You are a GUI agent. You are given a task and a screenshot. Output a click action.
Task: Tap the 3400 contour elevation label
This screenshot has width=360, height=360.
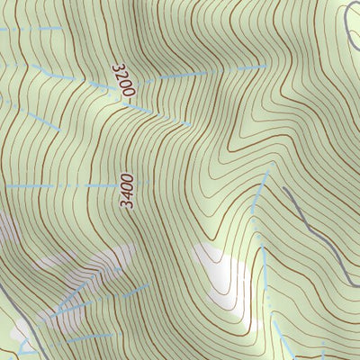pyautogui.click(x=128, y=192)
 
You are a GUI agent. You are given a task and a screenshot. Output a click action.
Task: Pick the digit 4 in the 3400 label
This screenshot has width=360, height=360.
pyautogui.click(x=128, y=196)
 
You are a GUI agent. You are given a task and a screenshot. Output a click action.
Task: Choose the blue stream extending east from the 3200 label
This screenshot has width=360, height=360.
pyautogui.click(x=207, y=71)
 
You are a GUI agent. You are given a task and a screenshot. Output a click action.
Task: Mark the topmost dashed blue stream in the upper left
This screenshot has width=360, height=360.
pyautogui.click(x=27, y=30)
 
